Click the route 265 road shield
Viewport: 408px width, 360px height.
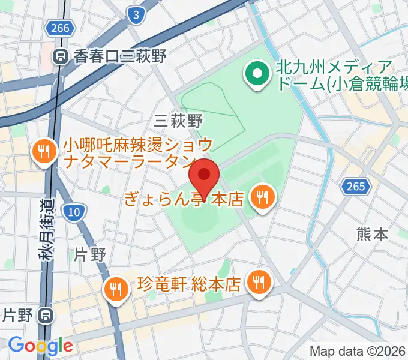point(355,187)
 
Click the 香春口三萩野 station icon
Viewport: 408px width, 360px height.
point(61,57)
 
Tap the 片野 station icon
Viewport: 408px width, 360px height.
point(46,314)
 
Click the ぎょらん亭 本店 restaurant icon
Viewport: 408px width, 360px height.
point(262,196)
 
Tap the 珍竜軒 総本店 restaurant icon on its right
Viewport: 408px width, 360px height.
point(259,281)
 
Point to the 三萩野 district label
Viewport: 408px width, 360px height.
point(178,121)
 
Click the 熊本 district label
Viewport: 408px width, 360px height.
point(372,233)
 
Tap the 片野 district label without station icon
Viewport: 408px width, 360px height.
point(90,254)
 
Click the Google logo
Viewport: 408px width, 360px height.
point(40,345)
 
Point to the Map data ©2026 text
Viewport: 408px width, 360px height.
point(358,351)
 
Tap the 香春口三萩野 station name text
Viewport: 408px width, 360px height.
point(119,56)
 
